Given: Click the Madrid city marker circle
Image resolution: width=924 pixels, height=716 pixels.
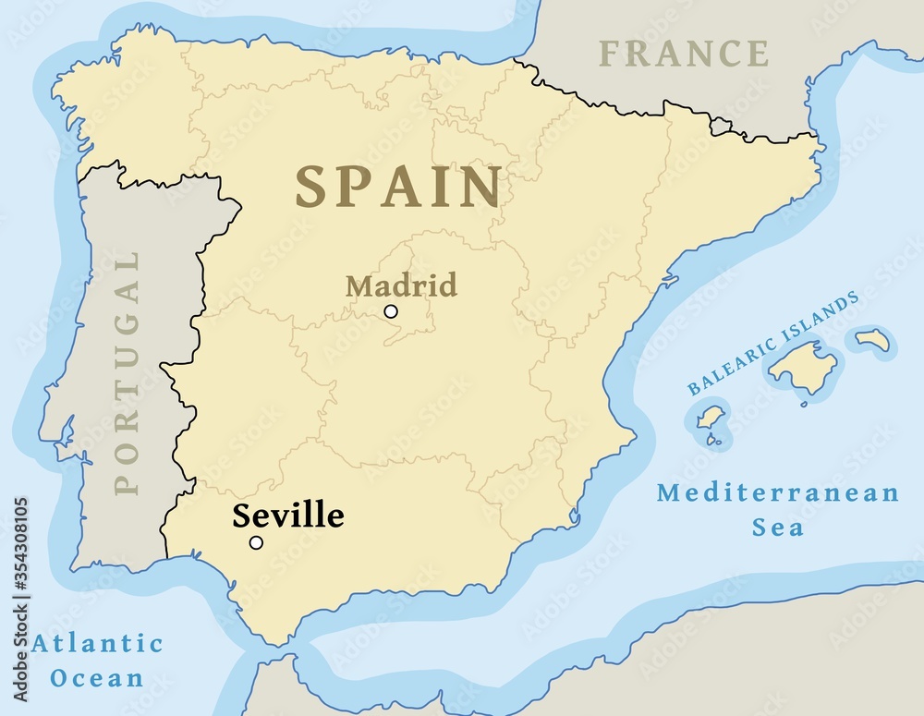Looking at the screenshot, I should (391, 311).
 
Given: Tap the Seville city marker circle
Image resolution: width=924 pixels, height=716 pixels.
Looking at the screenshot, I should (256, 542).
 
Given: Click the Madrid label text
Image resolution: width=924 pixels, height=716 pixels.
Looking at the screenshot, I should (401, 285).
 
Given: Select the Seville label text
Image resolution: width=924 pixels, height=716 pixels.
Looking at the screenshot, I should (287, 516).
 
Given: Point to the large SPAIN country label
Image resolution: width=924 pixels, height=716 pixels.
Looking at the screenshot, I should (398, 187).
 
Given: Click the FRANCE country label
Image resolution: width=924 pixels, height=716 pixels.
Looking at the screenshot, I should (683, 54).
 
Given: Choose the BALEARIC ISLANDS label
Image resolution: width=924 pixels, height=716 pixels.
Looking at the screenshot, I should (773, 343).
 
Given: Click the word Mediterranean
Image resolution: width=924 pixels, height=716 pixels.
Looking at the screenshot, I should (778, 492).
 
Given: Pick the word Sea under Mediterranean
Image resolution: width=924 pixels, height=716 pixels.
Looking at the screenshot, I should (777, 528).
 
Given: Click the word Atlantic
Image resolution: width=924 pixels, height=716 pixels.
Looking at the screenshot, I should (97, 643).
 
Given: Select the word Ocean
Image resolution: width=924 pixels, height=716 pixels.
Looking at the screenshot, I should (97, 677).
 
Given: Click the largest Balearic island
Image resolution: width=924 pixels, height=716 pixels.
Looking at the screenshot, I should (801, 366).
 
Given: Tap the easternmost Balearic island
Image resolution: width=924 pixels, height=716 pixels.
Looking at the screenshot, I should (872, 340).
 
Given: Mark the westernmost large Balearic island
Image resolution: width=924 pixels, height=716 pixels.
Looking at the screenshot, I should (710, 418).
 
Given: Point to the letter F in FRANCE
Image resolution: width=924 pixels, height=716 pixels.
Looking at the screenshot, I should (611, 54).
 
